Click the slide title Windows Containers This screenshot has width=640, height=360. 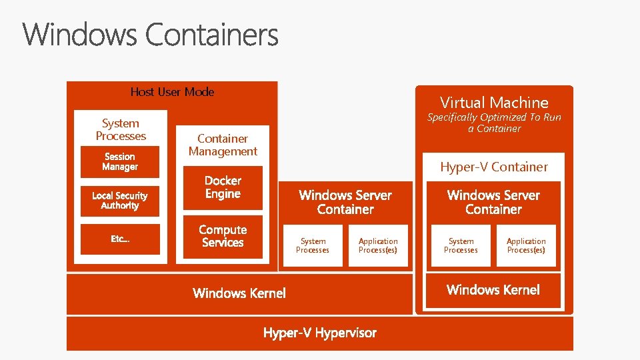point(151,35)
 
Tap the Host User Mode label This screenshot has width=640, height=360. point(172,92)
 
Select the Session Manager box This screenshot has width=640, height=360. point(120,162)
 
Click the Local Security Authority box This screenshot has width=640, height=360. point(120,201)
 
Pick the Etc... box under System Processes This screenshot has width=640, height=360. point(120,239)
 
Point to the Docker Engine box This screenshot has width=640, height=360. point(223,187)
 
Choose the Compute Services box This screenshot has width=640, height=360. point(223,237)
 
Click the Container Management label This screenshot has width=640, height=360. point(223,145)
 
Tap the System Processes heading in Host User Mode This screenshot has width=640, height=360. point(121,129)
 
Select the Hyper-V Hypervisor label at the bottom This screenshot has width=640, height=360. point(319,333)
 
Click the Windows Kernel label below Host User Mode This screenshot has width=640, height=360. point(239,293)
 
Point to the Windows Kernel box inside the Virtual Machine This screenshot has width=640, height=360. point(493,290)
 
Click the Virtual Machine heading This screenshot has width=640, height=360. point(494,103)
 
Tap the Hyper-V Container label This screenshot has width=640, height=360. point(493,167)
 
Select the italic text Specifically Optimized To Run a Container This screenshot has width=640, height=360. point(494,123)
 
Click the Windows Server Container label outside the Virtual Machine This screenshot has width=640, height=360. point(345,202)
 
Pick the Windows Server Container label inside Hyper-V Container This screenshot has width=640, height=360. point(493,202)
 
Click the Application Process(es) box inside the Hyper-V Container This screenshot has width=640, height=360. point(526,246)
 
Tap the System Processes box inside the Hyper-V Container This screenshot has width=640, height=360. point(461,246)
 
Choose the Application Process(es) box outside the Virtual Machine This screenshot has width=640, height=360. point(378,246)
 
